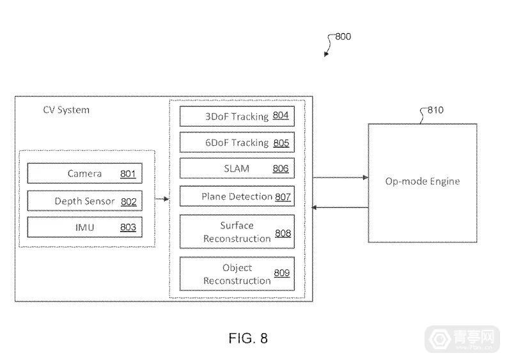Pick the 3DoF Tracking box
click(236, 116)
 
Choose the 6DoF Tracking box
click(236, 143)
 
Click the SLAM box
click(236, 169)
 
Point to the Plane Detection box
click(236, 196)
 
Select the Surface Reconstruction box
click(236, 231)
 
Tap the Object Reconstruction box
click(236, 274)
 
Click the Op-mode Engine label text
click(422, 181)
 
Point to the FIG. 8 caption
click(247, 338)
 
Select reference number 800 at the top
click(343, 36)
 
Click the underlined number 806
click(281, 169)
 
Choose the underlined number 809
click(281, 274)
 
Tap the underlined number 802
click(128, 201)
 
